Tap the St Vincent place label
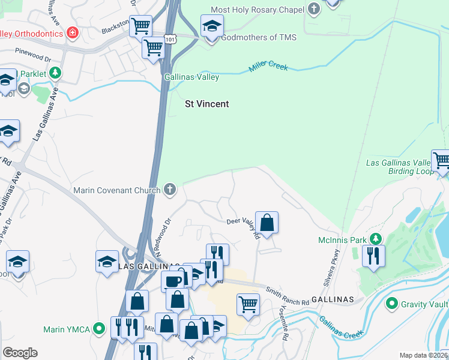[206, 104]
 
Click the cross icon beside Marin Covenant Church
[170, 190]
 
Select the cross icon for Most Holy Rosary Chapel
[313, 9]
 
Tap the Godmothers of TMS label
[258, 37]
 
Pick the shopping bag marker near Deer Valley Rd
[267, 223]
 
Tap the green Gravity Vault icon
[393, 304]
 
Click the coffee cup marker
[173, 281]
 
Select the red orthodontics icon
[72, 32]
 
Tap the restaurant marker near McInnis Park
[373, 256]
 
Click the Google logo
[20, 353]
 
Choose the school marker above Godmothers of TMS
[212, 26]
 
